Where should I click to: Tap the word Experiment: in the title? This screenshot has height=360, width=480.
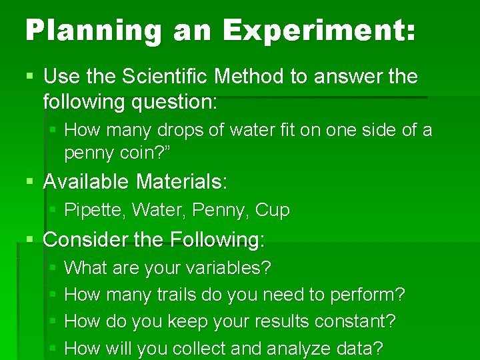click(319, 31)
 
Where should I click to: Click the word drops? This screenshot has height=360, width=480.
click(179, 129)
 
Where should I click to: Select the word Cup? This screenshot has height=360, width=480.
click(273, 211)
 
